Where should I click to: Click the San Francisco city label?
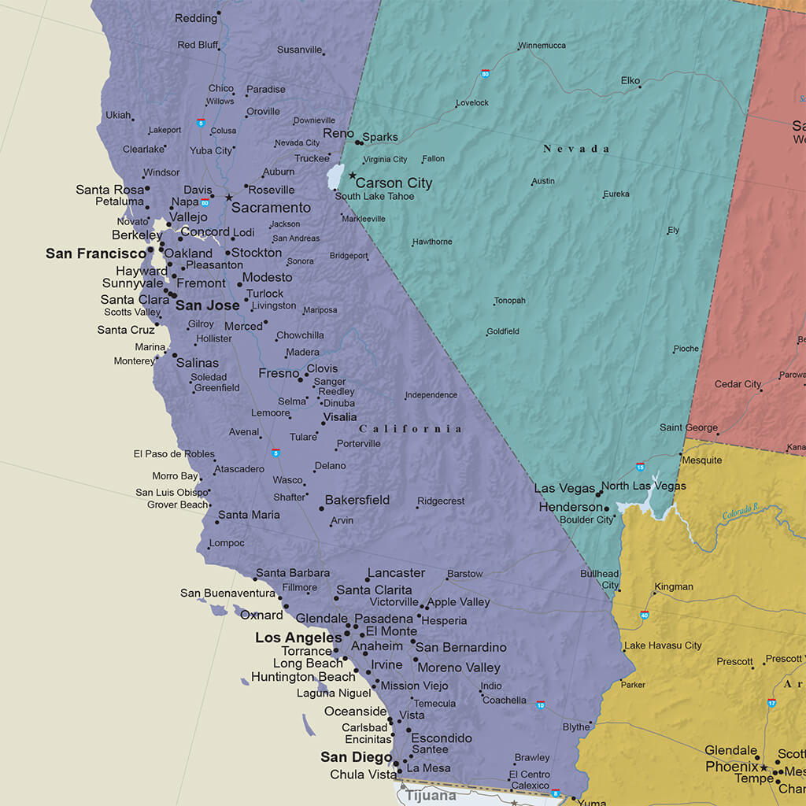(96, 253)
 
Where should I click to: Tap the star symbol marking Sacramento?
(229, 198)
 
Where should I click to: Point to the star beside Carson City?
(353, 176)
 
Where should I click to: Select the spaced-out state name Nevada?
(576, 149)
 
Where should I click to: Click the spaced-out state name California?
(410, 429)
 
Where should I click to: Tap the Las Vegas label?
(564, 488)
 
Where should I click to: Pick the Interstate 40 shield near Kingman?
(645, 615)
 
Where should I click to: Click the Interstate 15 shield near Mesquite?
(640, 467)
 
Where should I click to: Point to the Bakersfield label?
(357, 500)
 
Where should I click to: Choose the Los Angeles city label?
(298, 638)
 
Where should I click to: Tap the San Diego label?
(356, 757)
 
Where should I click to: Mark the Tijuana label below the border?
(431, 796)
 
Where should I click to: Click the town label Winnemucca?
(542, 46)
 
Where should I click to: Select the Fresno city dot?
(300, 379)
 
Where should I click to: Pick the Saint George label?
(688, 427)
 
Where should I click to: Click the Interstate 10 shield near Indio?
(541, 704)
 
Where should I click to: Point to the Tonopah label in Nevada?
(509, 301)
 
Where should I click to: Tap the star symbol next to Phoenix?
(763, 767)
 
